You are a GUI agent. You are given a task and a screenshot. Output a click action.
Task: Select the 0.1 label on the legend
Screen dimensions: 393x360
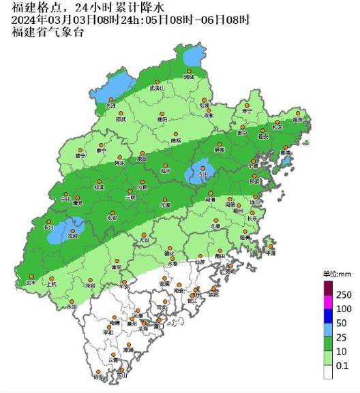343,366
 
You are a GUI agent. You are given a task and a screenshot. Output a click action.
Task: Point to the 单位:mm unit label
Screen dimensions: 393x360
336,274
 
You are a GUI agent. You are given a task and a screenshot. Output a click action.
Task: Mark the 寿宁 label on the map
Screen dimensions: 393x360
247,110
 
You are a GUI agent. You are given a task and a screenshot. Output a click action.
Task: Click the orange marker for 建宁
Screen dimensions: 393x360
79,149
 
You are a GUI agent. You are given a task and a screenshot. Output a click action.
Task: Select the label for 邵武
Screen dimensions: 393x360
121,119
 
